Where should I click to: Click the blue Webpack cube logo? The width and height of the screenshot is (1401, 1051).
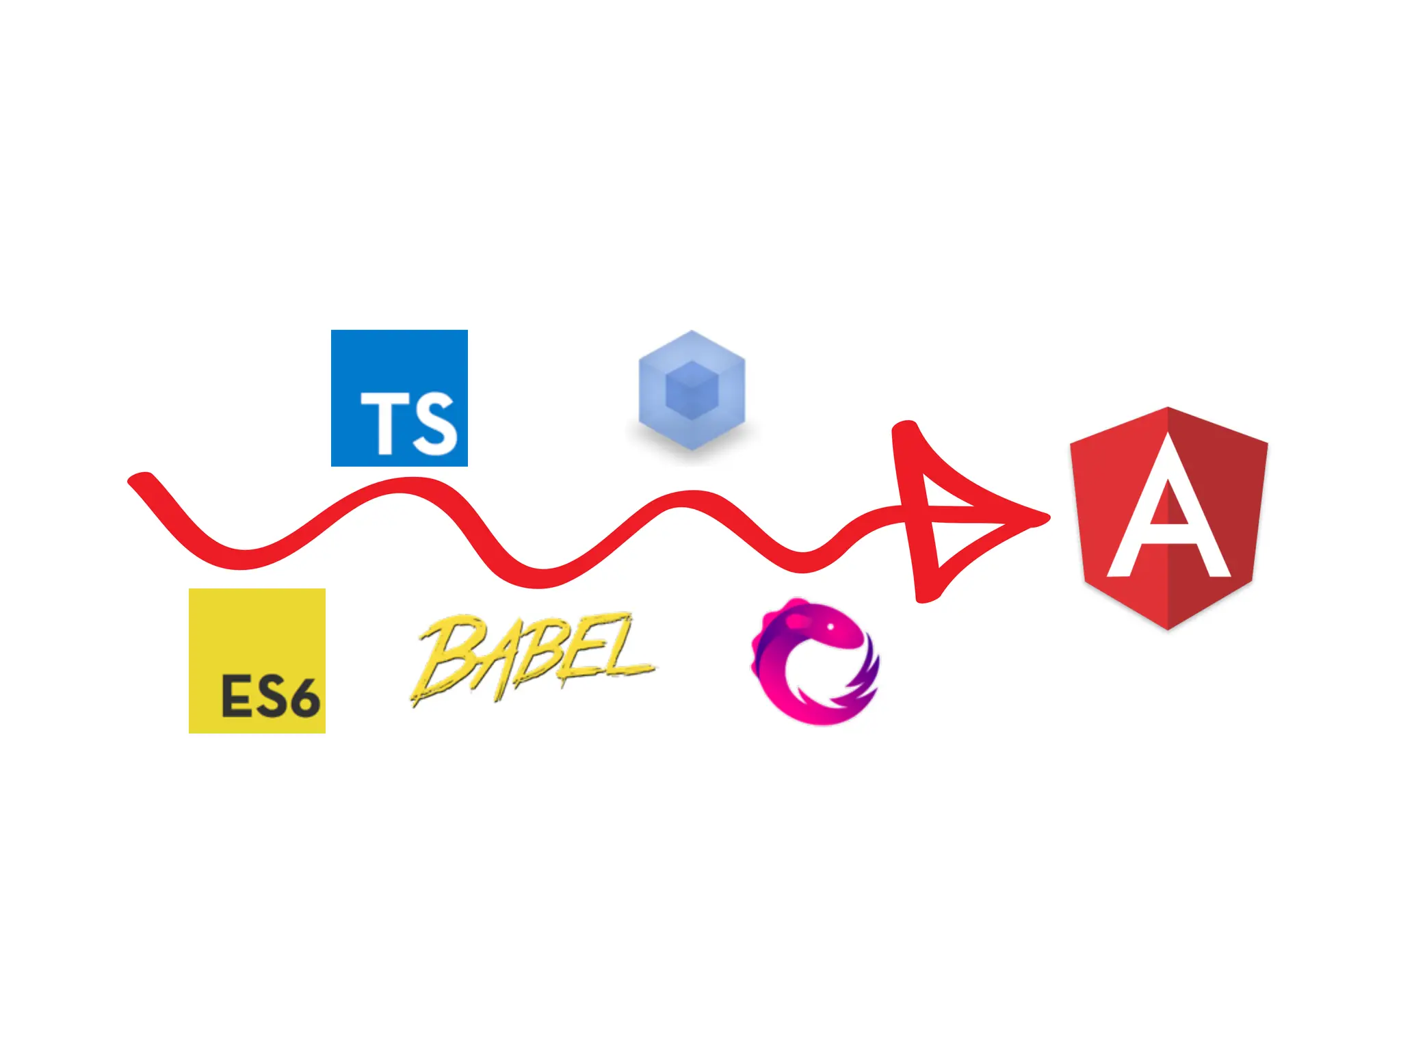click(x=692, y=390)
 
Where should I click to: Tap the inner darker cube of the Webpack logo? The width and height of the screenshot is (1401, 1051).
click(x=692, y=390)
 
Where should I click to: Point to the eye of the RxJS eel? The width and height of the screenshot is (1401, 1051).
click(x=830, y=627)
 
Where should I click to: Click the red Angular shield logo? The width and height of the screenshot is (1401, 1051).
click(x=1168, y=518)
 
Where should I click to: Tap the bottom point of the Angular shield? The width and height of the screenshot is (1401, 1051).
click(x=1168, y=627)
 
